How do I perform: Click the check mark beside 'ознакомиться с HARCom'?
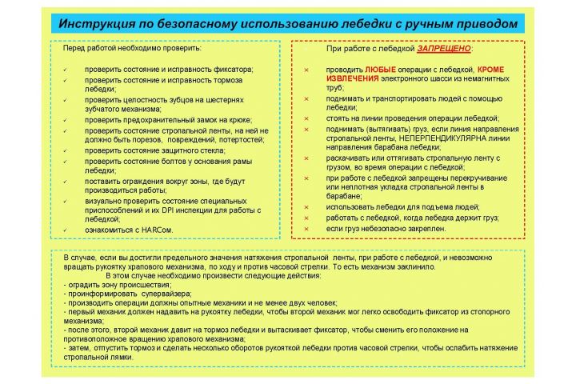[64, 230]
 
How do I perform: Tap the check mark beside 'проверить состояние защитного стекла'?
[64, 150]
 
